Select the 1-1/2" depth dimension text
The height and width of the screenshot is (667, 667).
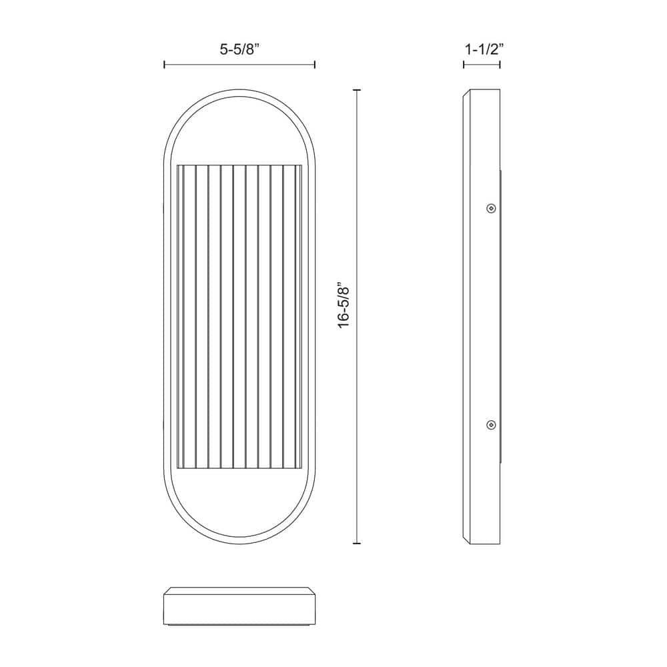click(482, 48)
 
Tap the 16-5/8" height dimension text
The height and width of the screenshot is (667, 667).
click(344, 306)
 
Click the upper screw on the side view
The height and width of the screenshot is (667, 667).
click(491, 208)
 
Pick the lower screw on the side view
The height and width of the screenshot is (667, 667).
click(491, 424)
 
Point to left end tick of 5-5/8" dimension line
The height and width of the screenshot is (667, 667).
click(164, 65)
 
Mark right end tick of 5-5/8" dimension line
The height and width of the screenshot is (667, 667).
click(314, 65)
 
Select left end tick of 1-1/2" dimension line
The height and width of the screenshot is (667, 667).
click(464, 65)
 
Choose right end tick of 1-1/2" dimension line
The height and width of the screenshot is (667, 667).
click(500, 65)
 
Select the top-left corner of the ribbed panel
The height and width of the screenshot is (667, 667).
click(176, 167)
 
